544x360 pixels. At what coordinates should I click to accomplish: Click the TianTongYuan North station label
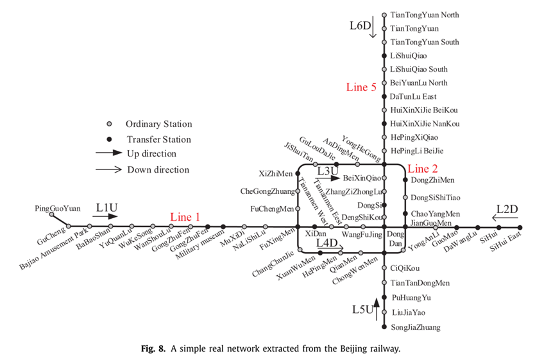tap(424, 15)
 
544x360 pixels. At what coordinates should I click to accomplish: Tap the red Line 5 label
tap(361, 87)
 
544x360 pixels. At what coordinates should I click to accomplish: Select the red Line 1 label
tap(185, 217)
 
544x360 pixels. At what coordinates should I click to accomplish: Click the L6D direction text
tap(360, 26)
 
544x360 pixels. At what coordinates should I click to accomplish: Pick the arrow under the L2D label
tap(511, 218)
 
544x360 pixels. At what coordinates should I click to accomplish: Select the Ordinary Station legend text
tap(158, 124)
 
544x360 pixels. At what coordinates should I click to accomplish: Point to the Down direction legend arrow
tap(108, 169)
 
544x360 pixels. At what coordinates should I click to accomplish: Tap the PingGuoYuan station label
tap(58, 209)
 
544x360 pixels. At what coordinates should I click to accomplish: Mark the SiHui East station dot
tap(520, 227)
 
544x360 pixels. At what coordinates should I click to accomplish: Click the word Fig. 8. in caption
tap(155, 348)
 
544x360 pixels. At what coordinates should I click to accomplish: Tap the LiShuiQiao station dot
tap(384, 56)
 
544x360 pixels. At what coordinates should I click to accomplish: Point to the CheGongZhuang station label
tap(267, 191)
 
